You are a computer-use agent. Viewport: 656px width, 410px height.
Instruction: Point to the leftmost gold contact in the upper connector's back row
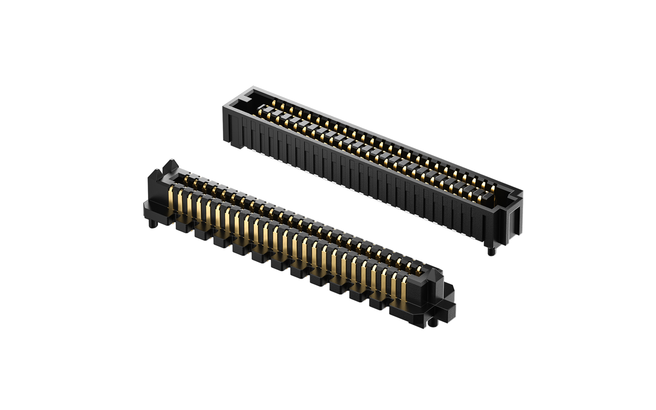[x=274, y=102]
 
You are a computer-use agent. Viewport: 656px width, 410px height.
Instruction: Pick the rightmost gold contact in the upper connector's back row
[x=493, y=189]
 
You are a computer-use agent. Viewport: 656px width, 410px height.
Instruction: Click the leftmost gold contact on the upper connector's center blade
[x=261, y=111]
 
